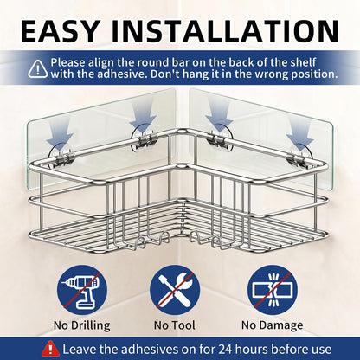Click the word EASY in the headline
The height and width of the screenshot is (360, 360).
pos(60,31)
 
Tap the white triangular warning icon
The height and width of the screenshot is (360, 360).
pos(38,69)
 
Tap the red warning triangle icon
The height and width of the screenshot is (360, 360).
pos(50,349)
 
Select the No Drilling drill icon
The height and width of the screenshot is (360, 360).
pos(82,290)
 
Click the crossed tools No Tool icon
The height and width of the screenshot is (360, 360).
pos(175,290)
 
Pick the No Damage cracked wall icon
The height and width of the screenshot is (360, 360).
pos(273,290)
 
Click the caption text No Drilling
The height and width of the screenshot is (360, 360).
pos(82,325)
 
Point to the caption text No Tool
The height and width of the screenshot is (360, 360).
pos(175,325)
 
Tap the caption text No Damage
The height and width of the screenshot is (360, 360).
pos(273,325)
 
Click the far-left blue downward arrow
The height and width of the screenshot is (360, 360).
pos(60,135)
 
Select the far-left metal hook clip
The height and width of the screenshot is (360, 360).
pos(67,157)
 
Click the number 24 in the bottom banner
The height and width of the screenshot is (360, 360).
pos(225,350)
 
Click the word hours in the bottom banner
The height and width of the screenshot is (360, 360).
pos(252,350)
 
